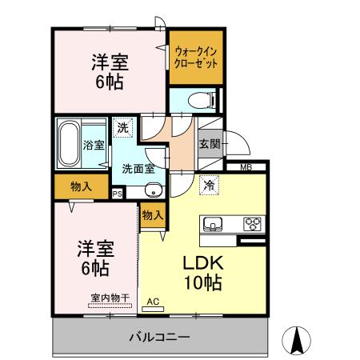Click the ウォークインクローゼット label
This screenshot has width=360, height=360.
195,57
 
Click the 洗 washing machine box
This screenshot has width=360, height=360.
122,128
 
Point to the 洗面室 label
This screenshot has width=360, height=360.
138,170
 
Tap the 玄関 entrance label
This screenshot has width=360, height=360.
210,145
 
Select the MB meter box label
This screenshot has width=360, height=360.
246,167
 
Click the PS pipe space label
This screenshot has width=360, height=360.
117,194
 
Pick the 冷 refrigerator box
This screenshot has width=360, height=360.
209,183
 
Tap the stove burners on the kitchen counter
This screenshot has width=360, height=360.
254,223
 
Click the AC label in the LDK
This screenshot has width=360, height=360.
154,302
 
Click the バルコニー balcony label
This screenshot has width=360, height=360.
158,337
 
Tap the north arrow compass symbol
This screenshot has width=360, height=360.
298,341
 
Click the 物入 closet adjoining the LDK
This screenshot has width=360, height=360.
153,214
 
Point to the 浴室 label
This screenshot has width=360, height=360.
94,145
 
